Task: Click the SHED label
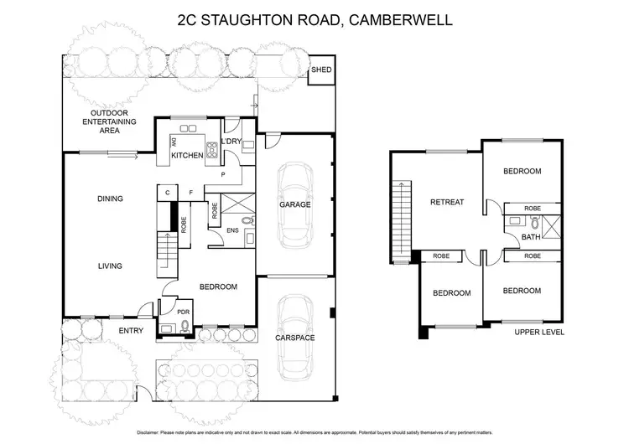[321, 70]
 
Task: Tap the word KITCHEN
[187, 156]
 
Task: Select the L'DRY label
[231, 142]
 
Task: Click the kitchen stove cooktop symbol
[212, 152]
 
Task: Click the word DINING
[110, 199]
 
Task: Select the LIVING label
[110, 266]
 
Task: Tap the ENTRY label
[131, 330]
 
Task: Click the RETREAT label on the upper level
[448, 202]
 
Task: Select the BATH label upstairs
[530, 237]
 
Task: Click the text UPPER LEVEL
[538, 332]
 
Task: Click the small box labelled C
[168, 193]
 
